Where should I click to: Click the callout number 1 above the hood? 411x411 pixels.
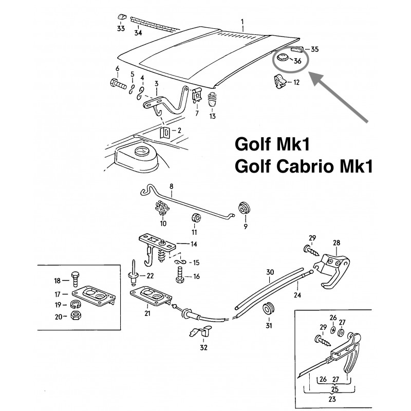tap(242, 21)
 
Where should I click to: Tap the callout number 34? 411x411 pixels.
tap(137, 33)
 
